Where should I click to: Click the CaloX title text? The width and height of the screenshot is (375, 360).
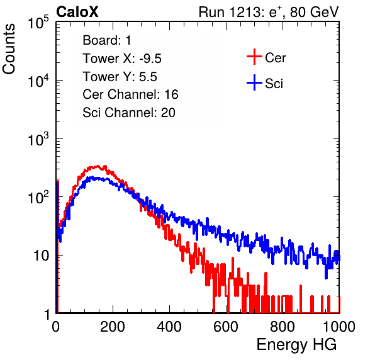(x=77, y=12)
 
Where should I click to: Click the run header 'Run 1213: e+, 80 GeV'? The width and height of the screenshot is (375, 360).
(x=269, y=12)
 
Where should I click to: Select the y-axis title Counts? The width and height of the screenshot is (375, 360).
(x=9, y=49)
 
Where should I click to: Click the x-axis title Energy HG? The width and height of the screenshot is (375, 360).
(x=296, y=344)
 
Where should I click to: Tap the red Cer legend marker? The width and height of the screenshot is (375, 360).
(x=254, y=57)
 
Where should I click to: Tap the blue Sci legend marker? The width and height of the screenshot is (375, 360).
(x=254, y=82)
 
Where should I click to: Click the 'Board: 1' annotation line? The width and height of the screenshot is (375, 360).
(x=107, y=40)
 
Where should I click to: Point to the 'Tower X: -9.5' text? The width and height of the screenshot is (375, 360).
(x=122, y=59)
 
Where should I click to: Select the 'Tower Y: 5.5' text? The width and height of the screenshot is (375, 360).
(x=120, y=77)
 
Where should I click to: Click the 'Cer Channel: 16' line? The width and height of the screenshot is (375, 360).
(x=130, y=94)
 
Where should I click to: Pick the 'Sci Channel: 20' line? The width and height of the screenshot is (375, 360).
(x=129, y=113)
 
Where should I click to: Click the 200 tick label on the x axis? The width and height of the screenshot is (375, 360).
(x=113, y=327)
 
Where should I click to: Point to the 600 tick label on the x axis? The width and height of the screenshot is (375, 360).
(x=226, y=327)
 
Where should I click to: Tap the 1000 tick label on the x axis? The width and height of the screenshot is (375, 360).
(x=339, y=327)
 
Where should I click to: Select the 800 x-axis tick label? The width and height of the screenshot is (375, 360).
(x=283, y=327)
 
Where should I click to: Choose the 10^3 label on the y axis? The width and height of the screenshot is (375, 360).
(x=38, y=139)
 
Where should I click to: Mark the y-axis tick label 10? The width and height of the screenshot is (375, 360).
(x=41, y=256)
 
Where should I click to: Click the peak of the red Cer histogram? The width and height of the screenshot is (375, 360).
(x=98, y=166)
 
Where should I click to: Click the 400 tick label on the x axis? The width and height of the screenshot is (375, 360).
(x=169, y=327)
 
